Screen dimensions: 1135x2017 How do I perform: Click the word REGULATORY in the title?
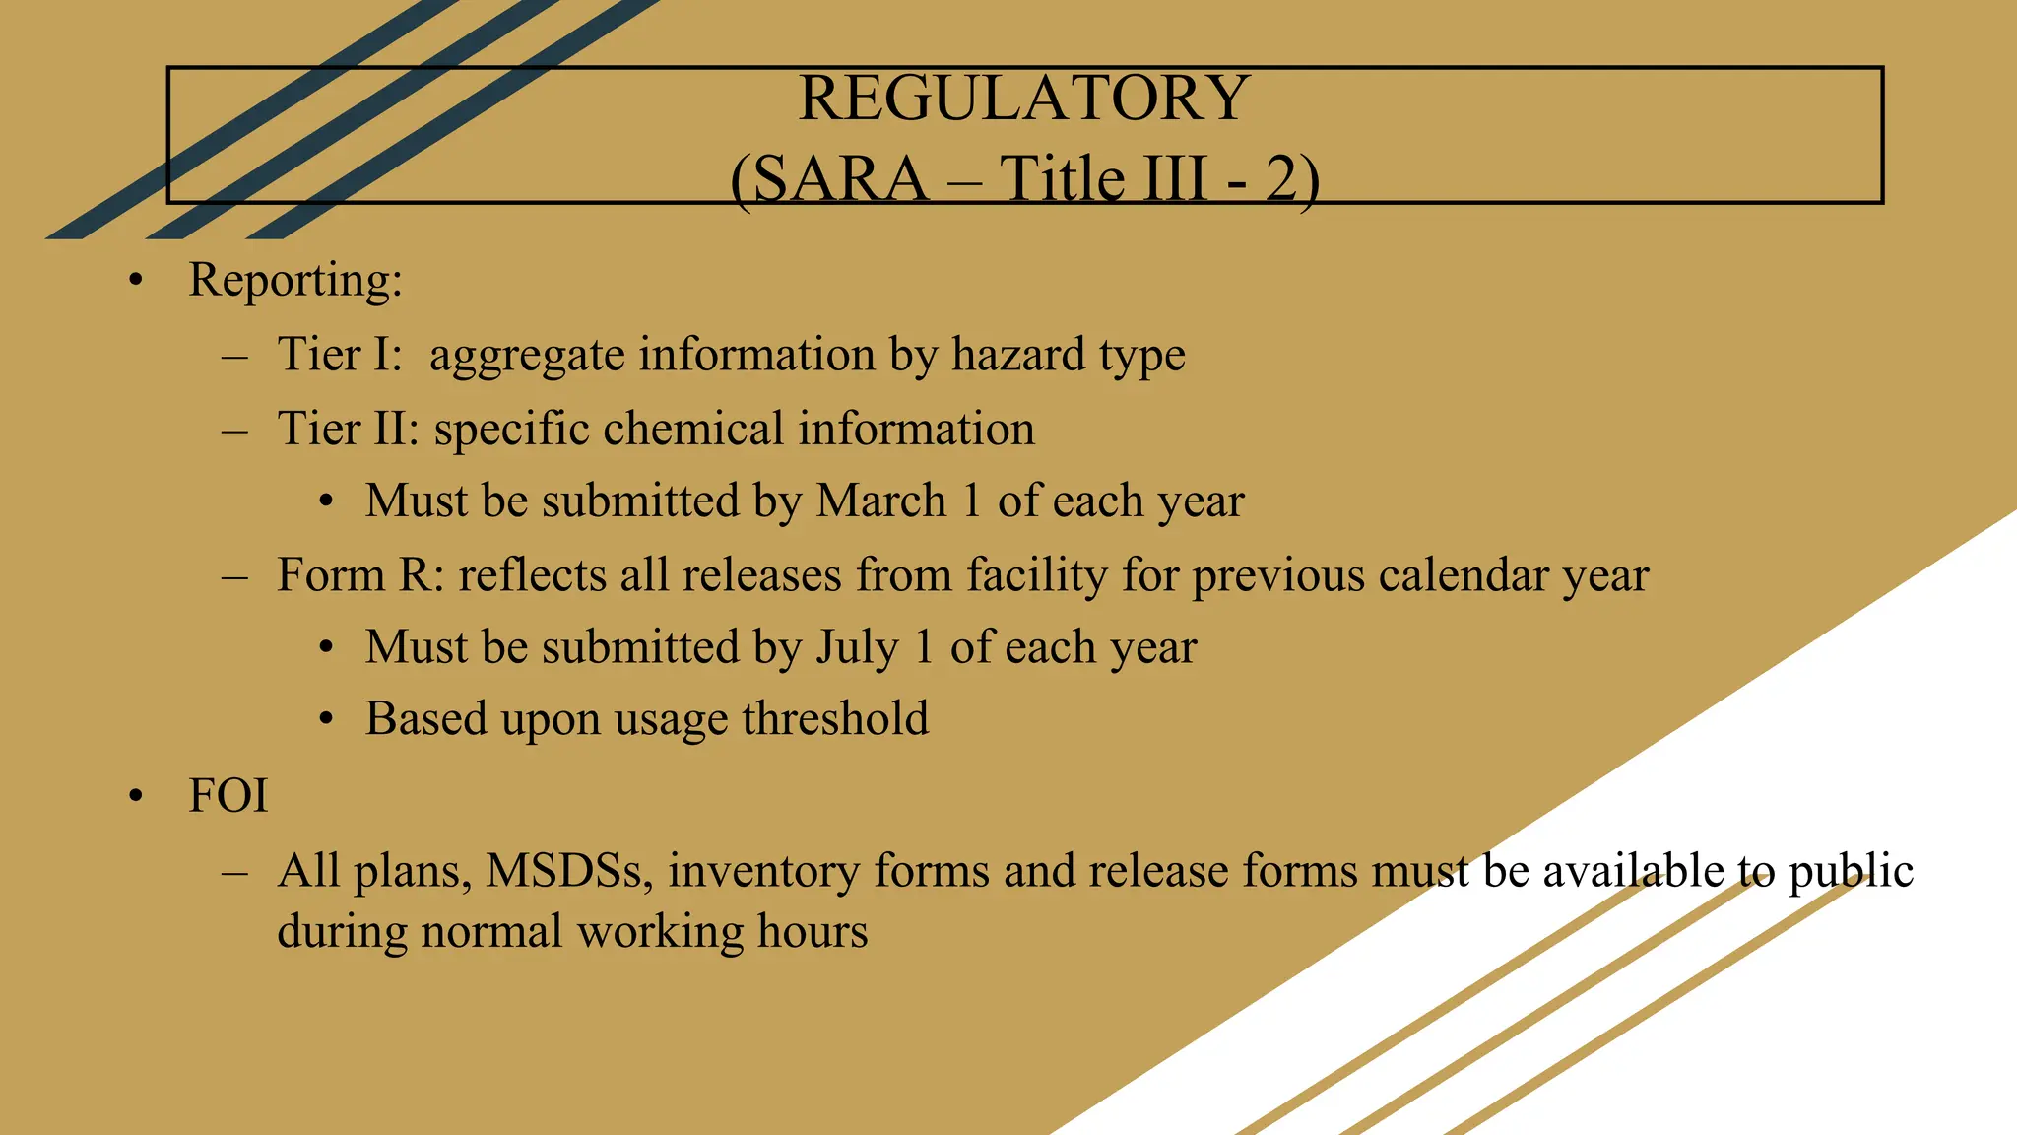pos(1023,99)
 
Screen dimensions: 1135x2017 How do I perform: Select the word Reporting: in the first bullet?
pos(295,280)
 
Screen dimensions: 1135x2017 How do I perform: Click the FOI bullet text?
pos(228,796)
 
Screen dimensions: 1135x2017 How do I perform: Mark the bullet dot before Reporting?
pos(136,281)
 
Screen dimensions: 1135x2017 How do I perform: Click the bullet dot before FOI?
pos(136,796)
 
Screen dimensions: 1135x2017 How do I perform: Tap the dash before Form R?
pos(234,575)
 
